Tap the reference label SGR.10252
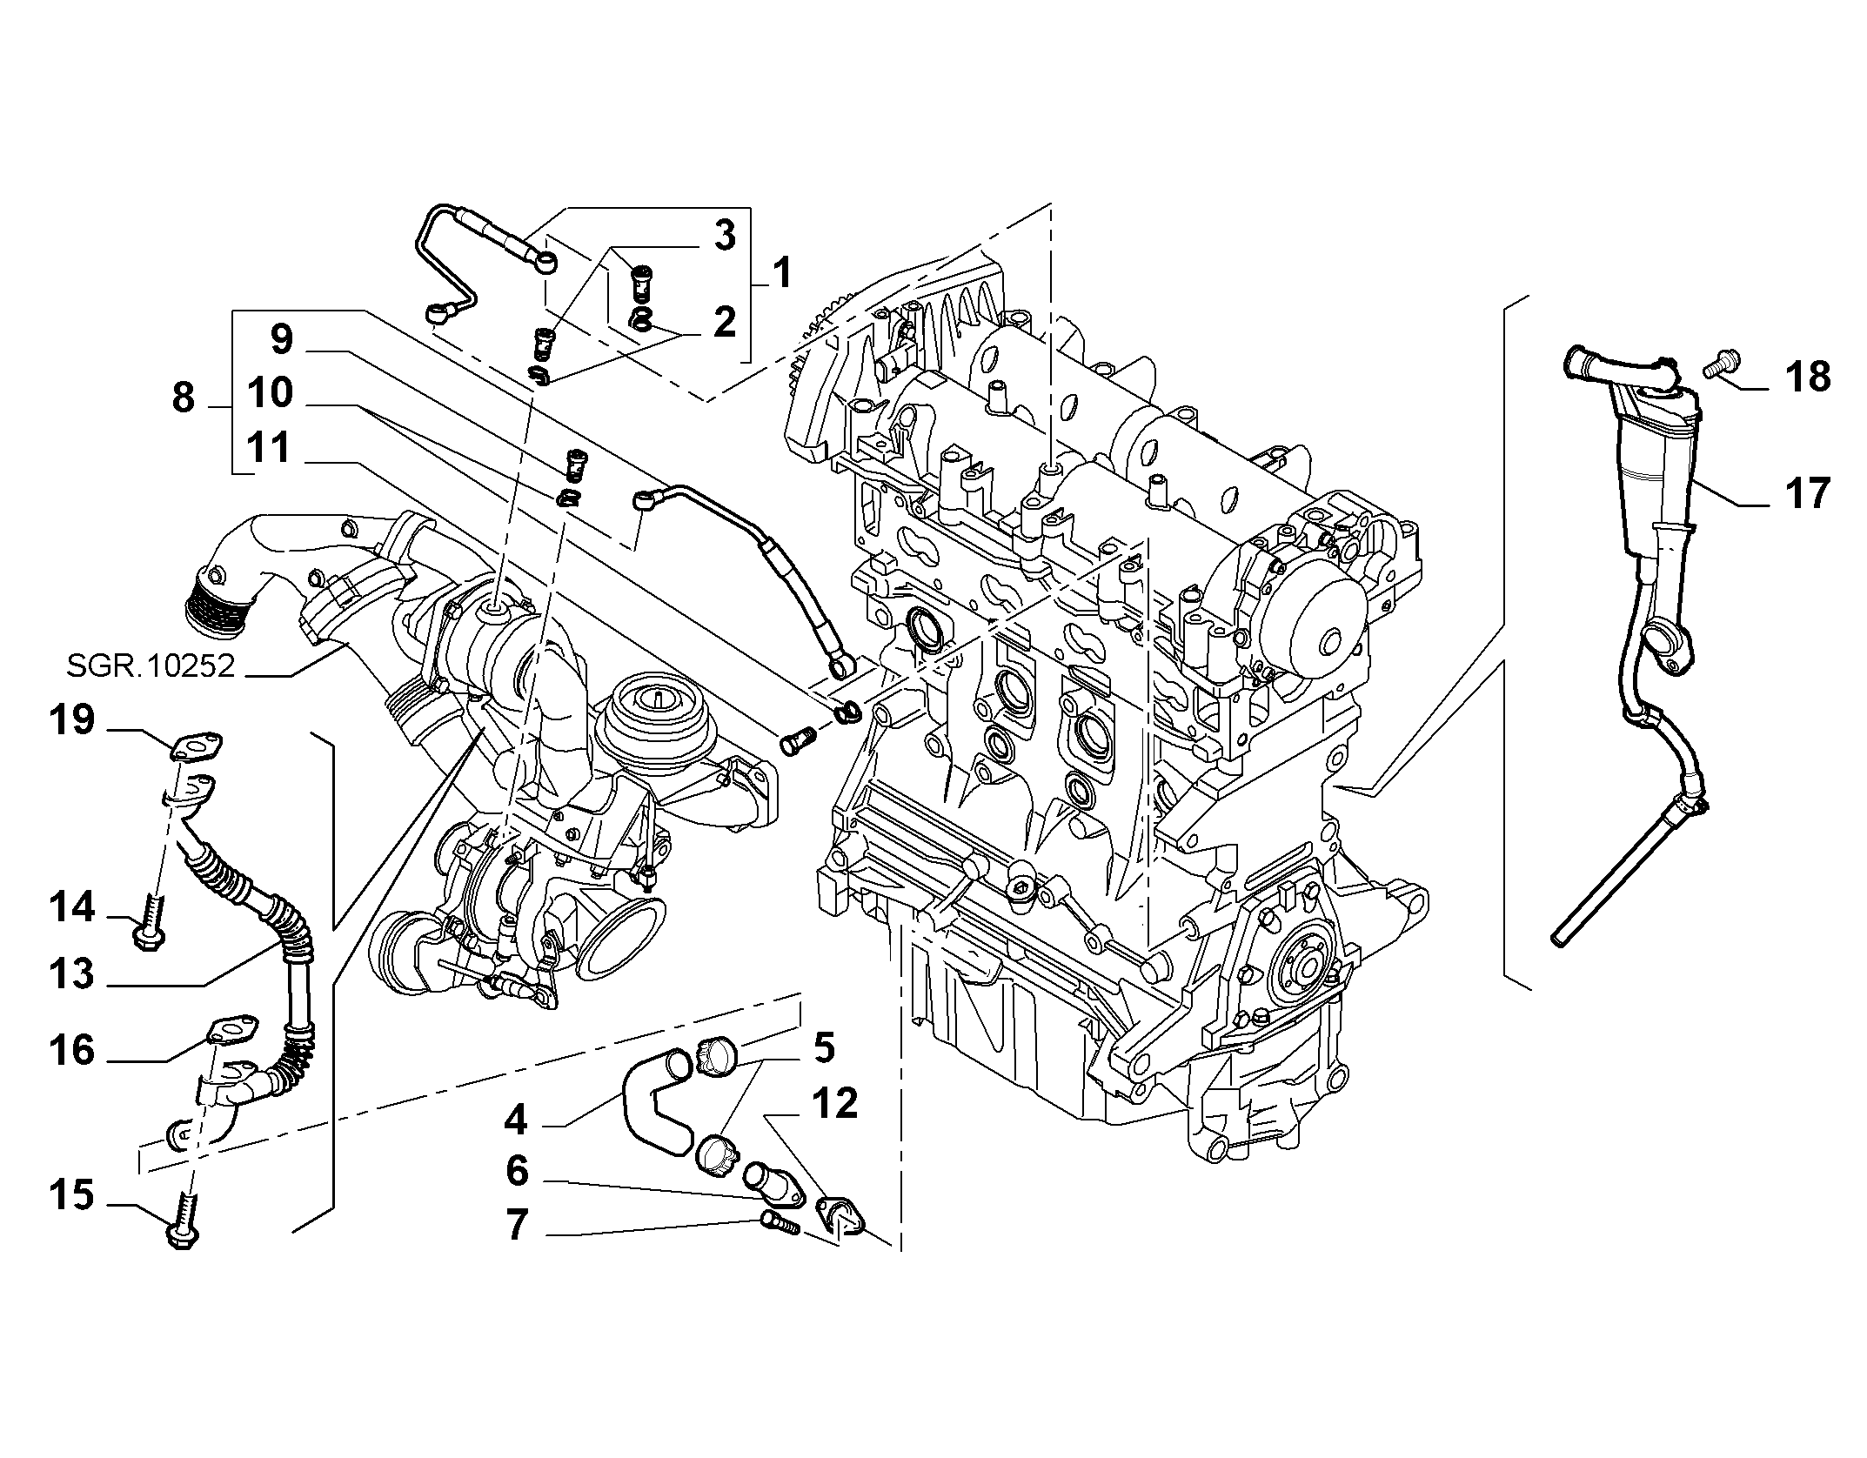pyautogui.click(x=151, y=666)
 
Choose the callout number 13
pyautogui.click(x=71, y=973)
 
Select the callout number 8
pyautogui.click(x=183, y=398)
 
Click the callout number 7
pyautogui.click(x=517, y=1225)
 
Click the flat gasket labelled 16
pyautogui.click(x=231, y=1029)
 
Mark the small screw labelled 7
pyautogui.click(x=779, y=1221)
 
